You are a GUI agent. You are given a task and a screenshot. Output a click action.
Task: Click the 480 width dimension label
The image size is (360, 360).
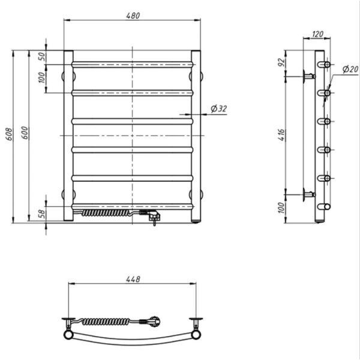(x=133, y=16)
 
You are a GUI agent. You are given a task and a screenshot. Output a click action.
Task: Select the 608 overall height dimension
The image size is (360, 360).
(x=9, y=134)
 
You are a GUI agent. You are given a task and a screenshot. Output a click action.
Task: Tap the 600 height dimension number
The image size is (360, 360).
(x=25, y=133)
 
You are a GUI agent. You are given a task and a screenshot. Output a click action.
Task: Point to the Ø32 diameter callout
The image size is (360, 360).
(x=219, y=109)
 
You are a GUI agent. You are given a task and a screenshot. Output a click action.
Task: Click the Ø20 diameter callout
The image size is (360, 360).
(x=350, y=69)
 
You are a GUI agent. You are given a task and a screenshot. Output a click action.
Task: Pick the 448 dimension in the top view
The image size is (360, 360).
(x=133, y=279)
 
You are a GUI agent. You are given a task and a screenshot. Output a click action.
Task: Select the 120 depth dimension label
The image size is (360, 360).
(x=318, y=34)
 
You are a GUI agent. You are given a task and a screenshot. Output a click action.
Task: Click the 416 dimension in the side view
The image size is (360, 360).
(x=282, y=135)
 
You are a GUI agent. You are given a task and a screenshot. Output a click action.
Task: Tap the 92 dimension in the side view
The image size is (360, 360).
(x=281, y=62)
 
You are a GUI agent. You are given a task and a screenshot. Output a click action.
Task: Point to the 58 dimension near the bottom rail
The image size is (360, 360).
(x=42, y=214)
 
